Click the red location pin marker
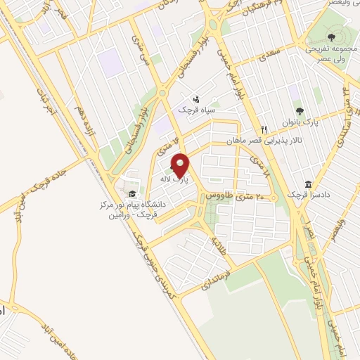coord(180,166)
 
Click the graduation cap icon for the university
coord(132,194)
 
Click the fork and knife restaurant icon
coord(264,129)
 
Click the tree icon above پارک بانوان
coord(300,110)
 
